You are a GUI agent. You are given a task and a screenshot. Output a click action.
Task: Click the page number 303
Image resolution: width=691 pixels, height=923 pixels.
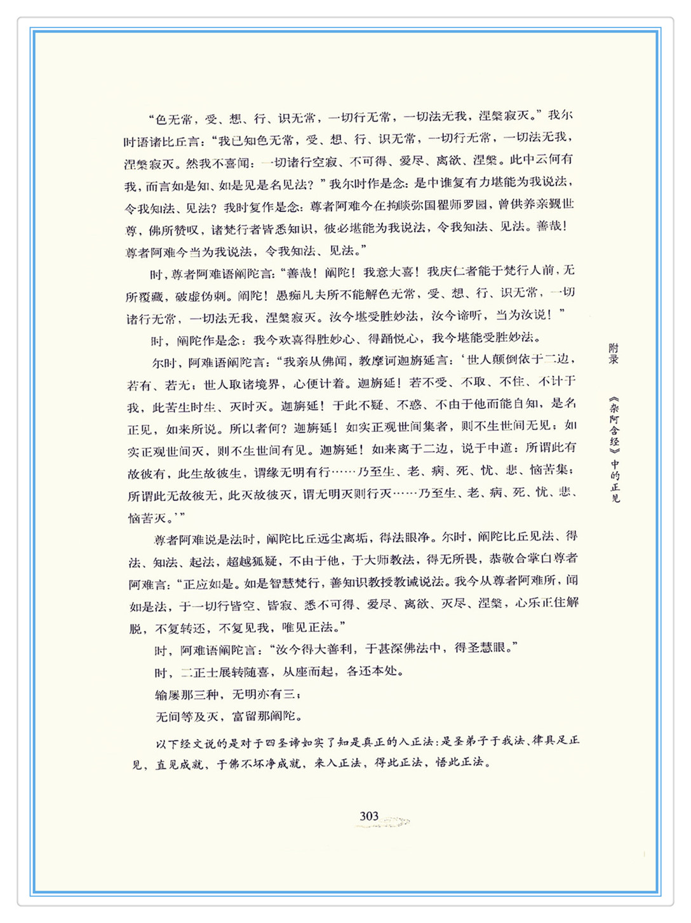click(369, 816)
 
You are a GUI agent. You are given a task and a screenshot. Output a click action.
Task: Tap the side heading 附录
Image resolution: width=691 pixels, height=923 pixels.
click(614, 353)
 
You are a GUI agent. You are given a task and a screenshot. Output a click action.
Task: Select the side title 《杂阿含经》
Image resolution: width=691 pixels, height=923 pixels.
click(614, 424)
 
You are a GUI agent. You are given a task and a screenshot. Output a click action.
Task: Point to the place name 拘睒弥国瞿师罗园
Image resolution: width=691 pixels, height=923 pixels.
click(442, 205)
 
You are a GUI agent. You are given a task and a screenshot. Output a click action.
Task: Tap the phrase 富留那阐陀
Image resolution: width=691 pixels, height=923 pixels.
click(267, 717)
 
